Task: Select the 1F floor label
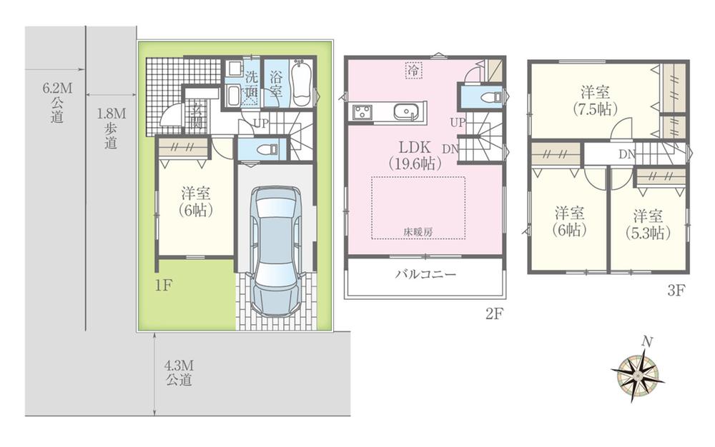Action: [164, 285]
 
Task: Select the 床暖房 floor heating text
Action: [418, 232]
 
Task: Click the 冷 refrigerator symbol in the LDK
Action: [413, 69]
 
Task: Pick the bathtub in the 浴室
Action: [302, 84]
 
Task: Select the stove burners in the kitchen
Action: [361, 112]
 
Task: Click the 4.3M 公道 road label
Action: [179, 373]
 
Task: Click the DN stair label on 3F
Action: [626, 154]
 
